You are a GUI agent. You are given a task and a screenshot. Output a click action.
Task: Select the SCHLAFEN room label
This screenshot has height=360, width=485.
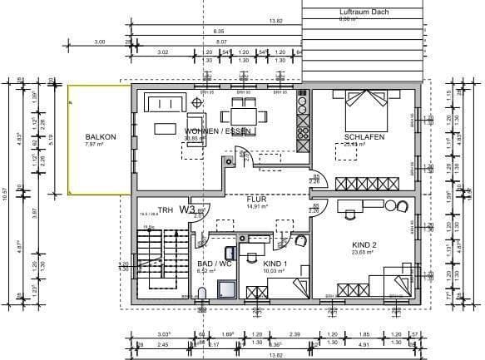[x=364, y=137]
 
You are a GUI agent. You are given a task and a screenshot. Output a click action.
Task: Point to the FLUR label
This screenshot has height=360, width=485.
[x=256, y=200]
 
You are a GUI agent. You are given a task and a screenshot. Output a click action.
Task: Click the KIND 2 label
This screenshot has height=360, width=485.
[x=364, y=245]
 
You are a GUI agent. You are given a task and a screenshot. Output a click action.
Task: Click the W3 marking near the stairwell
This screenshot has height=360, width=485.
[x=186, y=210]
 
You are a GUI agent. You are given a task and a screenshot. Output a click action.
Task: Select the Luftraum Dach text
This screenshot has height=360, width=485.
[x=364, y=12]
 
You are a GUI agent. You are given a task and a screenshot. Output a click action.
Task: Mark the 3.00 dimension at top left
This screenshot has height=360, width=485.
[x=100, y=41]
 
